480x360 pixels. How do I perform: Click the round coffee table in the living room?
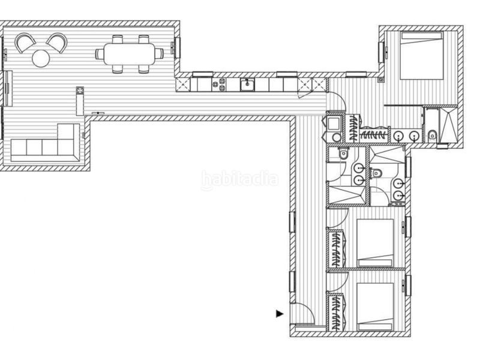pos(41,58)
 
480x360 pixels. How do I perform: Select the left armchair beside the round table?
pos(25,42)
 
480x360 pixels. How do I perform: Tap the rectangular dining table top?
pos(129,54)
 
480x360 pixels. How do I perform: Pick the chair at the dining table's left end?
pos(100,54)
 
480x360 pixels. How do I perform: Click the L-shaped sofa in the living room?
pos(46,143)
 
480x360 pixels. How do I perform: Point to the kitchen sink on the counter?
pos(247,85)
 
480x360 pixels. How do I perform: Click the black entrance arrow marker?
pos(280,314)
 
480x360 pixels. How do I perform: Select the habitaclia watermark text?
pos(239,179)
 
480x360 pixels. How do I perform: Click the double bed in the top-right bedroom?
pos(422,55)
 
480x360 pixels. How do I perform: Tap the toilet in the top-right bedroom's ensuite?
pos(432,134)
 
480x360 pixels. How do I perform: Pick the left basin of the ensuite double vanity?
pos(398,135)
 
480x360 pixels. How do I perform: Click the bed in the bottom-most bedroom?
pos(376,307)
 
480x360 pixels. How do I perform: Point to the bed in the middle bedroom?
pos(376,243)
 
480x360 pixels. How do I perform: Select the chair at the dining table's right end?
pos(159,54)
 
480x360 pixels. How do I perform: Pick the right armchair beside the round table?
pos(57,42)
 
